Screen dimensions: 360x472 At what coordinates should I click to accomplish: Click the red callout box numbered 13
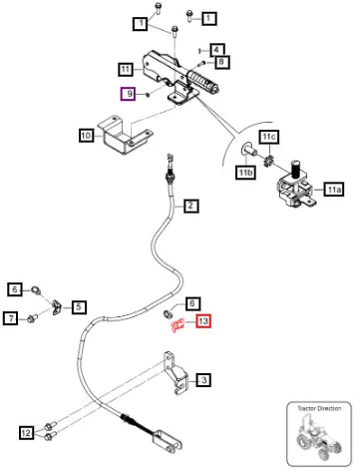[203, 321]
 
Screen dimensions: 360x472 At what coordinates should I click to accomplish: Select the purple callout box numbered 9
[128, 94]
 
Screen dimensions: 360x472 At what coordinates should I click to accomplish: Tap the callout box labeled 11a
[334, 190]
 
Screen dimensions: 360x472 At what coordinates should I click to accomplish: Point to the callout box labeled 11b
[245, 173]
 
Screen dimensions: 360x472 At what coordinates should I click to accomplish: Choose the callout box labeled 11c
[269, 137]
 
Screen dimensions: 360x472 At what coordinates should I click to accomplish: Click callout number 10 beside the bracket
[87, 136]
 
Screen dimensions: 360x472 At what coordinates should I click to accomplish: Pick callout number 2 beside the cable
[190, 206]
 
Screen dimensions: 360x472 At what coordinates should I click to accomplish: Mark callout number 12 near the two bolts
[26, 433]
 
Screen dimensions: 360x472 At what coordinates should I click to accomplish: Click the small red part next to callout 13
[177, 324]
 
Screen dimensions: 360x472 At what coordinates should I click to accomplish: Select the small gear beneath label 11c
[268, 162]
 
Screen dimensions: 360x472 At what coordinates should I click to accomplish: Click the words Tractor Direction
[319, 408]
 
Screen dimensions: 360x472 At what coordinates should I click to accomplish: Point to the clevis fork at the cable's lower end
[168, 441]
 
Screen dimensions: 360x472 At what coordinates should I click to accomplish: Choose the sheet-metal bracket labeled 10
[125, 136]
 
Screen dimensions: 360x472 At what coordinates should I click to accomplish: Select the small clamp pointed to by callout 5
[56, 307]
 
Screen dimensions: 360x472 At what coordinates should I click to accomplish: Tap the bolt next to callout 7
[33, 319]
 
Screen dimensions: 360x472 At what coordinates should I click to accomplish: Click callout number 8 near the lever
[221, 62]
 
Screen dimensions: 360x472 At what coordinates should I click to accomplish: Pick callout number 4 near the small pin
[216, 50]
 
